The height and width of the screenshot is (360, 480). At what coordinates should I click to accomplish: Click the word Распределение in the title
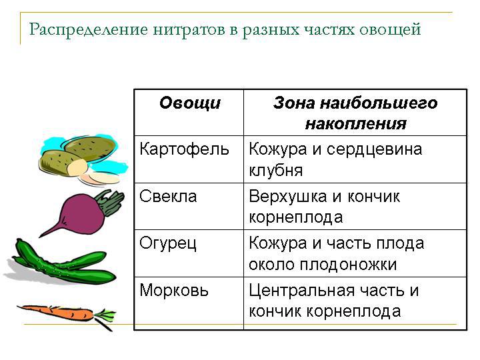click(x=89, y=30)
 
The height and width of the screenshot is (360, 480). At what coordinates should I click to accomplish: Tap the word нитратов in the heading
click(x=189, y=30)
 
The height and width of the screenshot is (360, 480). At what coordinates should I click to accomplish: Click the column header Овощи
click(x=190, y=103)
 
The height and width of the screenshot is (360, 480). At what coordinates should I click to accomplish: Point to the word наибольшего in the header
click(x=379, y=103)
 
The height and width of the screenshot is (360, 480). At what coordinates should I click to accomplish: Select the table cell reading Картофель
click(x=184, y=150)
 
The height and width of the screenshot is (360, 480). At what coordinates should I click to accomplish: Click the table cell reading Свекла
click(x=168, y=196)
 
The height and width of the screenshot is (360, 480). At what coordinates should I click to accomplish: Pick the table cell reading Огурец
click(x=168, y=244)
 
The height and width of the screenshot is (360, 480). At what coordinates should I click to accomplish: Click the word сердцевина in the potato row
click(x=375, y=150)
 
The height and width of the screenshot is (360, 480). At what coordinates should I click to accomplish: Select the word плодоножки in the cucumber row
click(x=348, y=265)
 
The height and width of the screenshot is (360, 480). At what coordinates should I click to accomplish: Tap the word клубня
click(x=276, y=171)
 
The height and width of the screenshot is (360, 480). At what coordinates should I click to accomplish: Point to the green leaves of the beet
click(x=110, y=201)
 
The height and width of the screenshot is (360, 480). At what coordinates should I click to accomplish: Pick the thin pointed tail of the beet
click(x=51, y=230)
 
